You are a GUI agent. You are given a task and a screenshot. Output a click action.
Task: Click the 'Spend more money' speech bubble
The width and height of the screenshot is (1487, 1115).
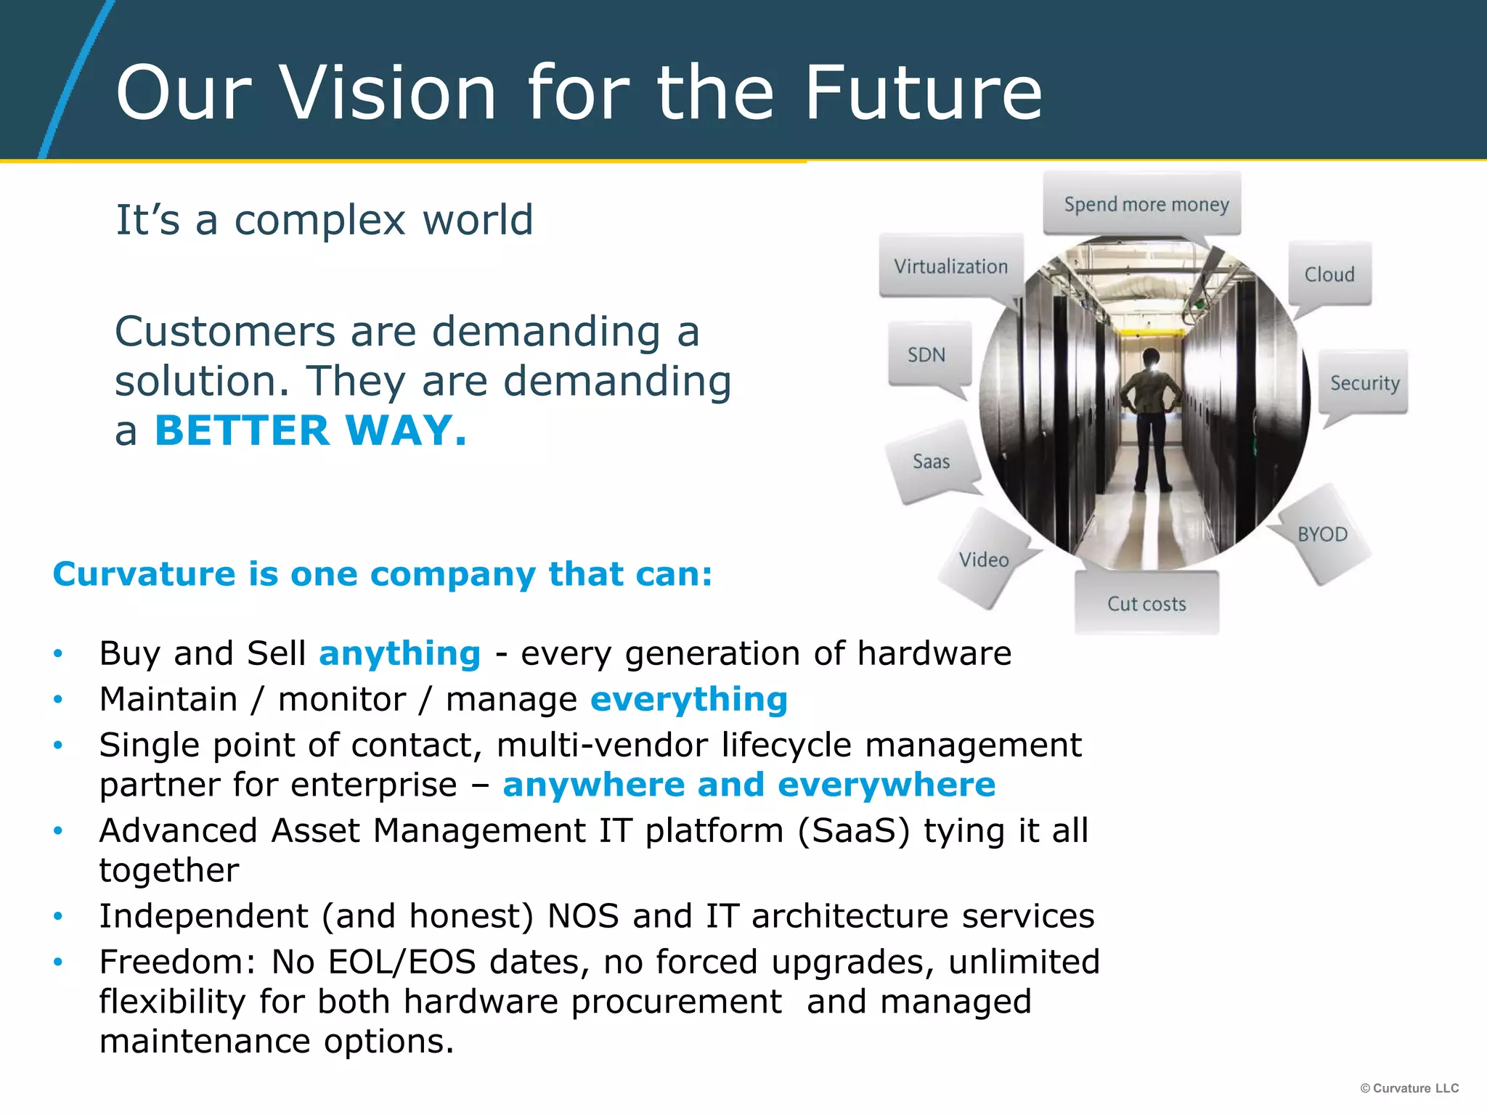click(1145, 204)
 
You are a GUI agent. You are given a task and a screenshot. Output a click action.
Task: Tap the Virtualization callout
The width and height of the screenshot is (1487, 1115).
click(950, 266)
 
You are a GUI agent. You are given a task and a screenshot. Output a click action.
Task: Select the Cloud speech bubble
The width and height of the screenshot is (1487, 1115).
click(1329, 274)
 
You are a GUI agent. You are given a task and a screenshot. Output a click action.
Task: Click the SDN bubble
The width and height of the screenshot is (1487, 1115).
click(927, 355)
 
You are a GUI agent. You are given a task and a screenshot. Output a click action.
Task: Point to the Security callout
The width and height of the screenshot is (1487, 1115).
click(1364, 383)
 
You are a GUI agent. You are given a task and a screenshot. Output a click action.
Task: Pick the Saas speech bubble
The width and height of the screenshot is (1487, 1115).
click(931, 462)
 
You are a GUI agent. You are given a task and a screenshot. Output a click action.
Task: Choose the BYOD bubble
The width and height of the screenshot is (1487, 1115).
click(1322, 534)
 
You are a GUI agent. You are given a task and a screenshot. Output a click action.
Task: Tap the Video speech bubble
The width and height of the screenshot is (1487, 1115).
click(984, 560)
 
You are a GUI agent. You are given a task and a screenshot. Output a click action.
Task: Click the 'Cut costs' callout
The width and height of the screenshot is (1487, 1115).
click(1146, 603)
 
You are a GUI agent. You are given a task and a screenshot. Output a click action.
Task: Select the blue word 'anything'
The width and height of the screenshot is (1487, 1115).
click(400, 653)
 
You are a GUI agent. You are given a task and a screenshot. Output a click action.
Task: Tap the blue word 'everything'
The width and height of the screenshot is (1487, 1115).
click(689, 699)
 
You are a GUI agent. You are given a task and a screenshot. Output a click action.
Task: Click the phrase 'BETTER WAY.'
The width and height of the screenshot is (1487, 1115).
click(311, 430)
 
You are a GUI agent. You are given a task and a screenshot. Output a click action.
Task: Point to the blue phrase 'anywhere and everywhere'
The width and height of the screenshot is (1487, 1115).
click(749, 785)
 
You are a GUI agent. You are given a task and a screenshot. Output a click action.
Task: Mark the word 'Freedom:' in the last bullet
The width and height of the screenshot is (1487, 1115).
click(177, 962)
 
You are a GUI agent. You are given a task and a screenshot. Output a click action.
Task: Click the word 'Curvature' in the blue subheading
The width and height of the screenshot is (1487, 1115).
click(144, 574)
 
